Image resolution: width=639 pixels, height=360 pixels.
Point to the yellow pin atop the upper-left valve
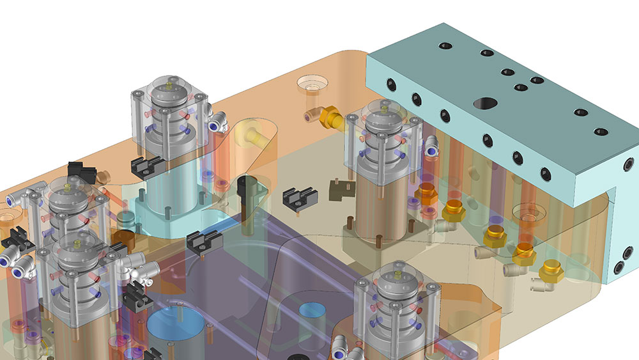pyautogui.click(x=169, y=84)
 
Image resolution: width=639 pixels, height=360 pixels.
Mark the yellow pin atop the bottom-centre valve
pyautogui.click(x=399, y=274)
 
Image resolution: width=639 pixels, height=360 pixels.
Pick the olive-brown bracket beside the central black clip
pyautogui.click(x=337, y=190)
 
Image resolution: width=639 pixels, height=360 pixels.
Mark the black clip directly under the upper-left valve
pyautogui.click(x=146, y=166)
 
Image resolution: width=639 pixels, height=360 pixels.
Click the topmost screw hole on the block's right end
pyautogui.click(x=629, y=166)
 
